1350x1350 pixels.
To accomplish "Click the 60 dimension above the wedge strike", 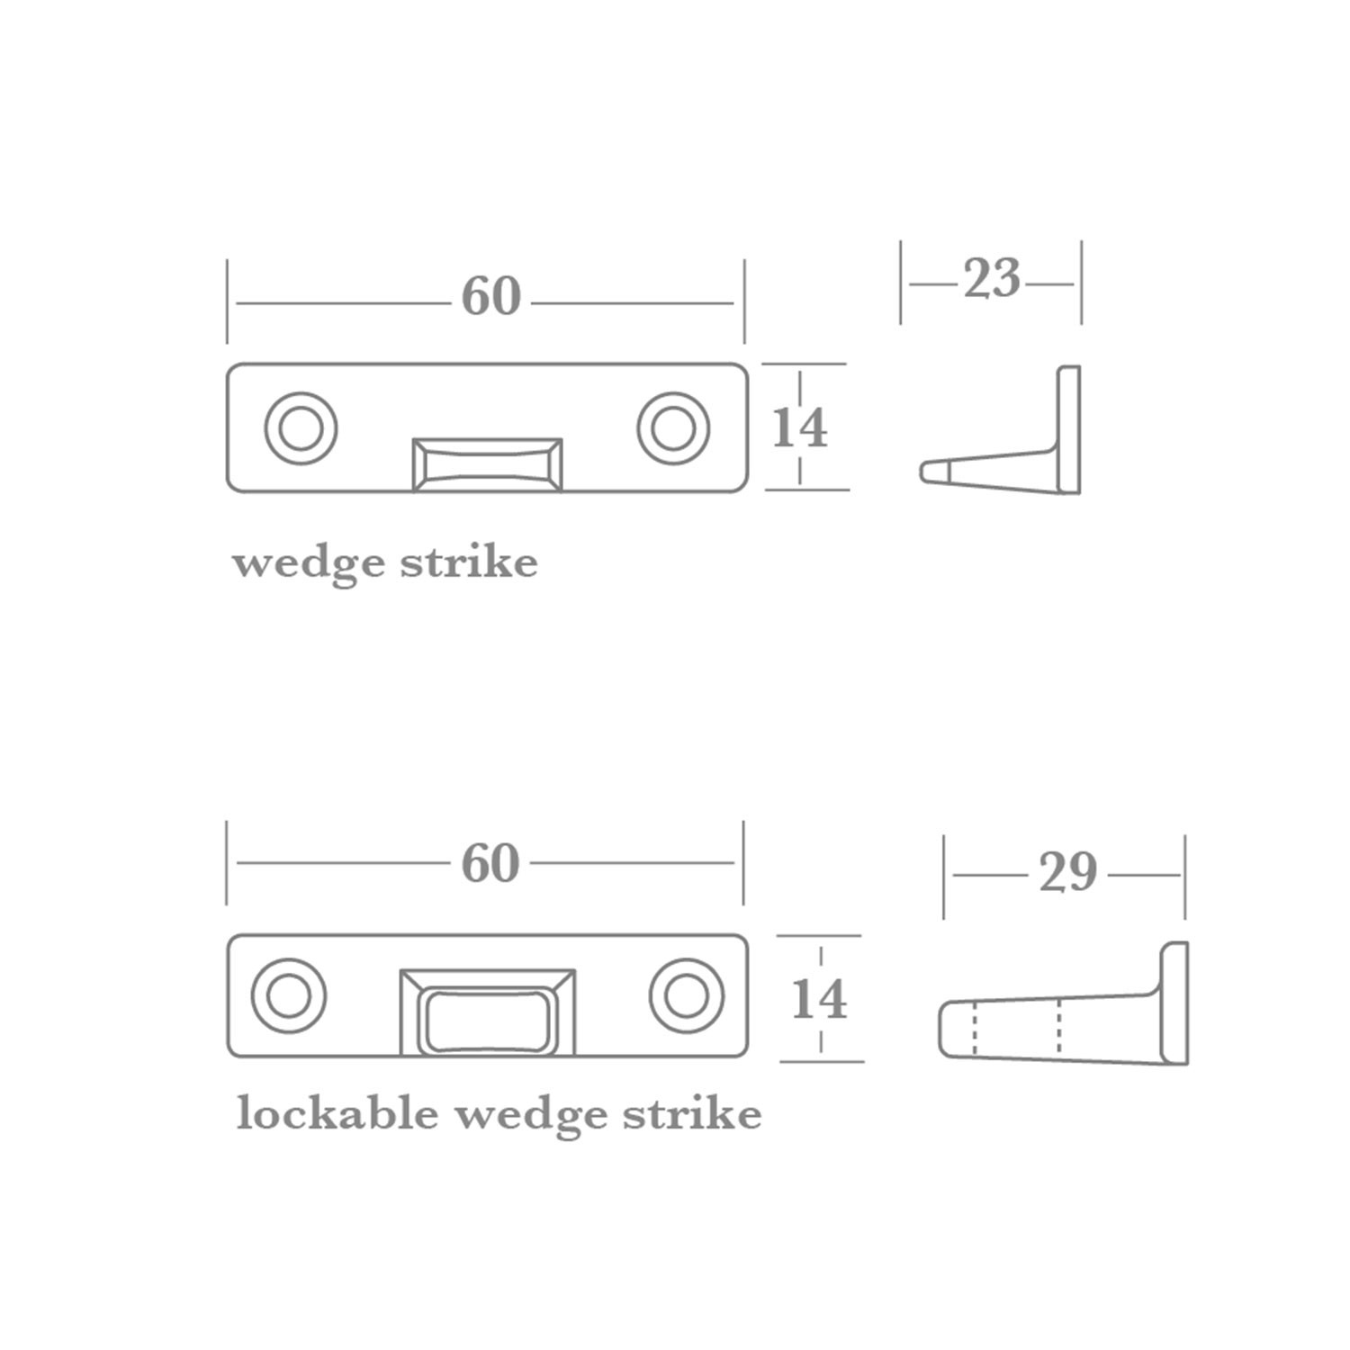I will (490, 296).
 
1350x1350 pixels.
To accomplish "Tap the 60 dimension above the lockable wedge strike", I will (490, 863).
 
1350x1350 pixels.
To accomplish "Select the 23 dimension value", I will (992, 279).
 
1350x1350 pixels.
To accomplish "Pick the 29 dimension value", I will (1067, 872).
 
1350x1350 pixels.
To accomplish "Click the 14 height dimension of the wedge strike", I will (799, 428).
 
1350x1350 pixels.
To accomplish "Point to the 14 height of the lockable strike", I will (819, 999).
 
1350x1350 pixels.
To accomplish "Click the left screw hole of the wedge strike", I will (301, 428).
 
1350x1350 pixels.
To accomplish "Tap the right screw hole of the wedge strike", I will (673, 428).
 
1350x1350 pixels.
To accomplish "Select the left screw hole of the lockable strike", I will (288, 996).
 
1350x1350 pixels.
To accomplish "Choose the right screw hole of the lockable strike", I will (687, 996).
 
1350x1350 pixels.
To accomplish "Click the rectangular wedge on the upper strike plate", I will (487, 464).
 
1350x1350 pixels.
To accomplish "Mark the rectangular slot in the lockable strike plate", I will (487, 1021).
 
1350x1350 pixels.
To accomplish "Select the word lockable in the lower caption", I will (337, 1114).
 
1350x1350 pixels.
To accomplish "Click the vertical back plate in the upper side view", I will (1068, 428).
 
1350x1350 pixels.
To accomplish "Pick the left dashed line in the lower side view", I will (975, 1028).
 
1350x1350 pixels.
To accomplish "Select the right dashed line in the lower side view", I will (1059, 1026).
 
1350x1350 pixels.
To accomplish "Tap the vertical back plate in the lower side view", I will (1174, 1003).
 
